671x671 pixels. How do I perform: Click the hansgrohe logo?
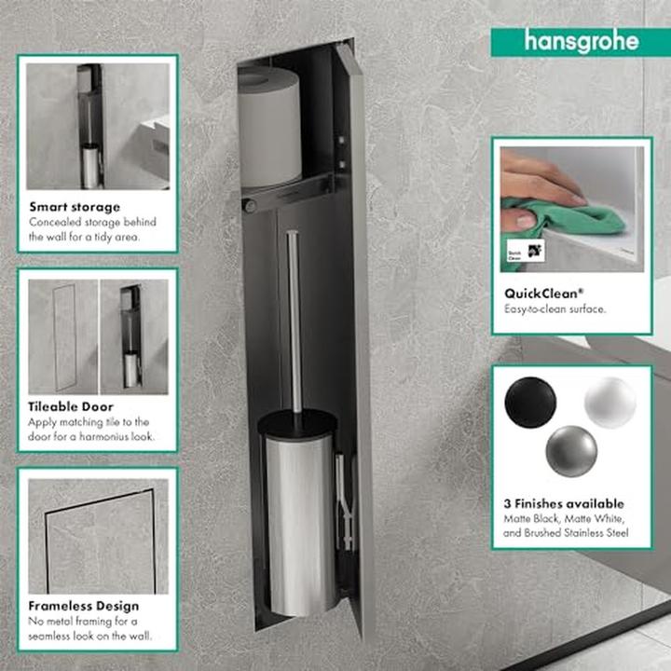click(581, 42)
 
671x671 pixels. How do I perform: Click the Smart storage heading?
click(75, 207)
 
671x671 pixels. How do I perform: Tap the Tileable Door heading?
click(71, 406)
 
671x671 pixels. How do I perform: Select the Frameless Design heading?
click(84, 606)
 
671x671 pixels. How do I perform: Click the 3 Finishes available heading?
click(563, 503)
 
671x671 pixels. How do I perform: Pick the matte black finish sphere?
click(530, 403)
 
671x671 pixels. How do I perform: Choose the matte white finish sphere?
click(610, 403)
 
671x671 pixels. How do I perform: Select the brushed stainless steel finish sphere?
click(571, 451)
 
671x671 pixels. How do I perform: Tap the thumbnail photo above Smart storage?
click(97, 126)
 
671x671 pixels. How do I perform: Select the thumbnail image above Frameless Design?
click(97, 535)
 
